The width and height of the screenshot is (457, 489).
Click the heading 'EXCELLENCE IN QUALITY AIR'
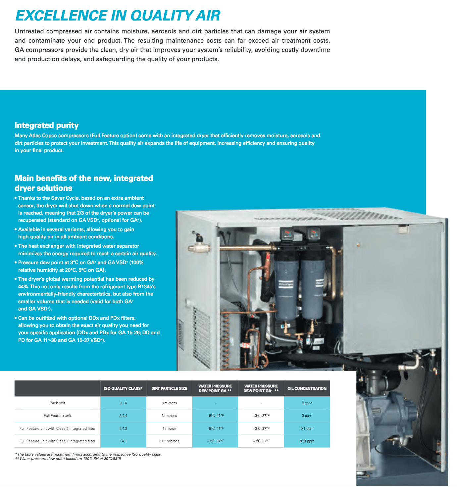click(118, 16)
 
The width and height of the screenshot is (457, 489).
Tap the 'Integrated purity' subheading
click(47, 125)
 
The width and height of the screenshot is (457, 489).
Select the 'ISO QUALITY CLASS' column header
click(123, 388)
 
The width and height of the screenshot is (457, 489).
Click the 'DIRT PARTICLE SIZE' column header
click(169, 388)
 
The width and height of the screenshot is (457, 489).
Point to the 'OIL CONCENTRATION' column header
click(307, 388)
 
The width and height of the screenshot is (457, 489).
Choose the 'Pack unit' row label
click(57, 403)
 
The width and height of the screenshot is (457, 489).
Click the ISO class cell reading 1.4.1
click(123, 441)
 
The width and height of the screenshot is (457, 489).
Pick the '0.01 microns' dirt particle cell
click(169, 441)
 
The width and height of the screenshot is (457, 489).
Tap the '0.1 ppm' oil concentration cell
click(307, 428)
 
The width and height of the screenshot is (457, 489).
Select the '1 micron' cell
click(169, 428)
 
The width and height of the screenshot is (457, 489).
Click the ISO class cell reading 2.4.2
click(123, 428)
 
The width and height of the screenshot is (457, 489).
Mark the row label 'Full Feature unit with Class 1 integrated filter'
click(57, 441)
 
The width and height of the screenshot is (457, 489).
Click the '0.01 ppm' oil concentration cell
click(307, 441)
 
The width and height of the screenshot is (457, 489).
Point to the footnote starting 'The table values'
click(89, 454)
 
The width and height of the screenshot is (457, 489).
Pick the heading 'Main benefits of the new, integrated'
click(84, 178)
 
